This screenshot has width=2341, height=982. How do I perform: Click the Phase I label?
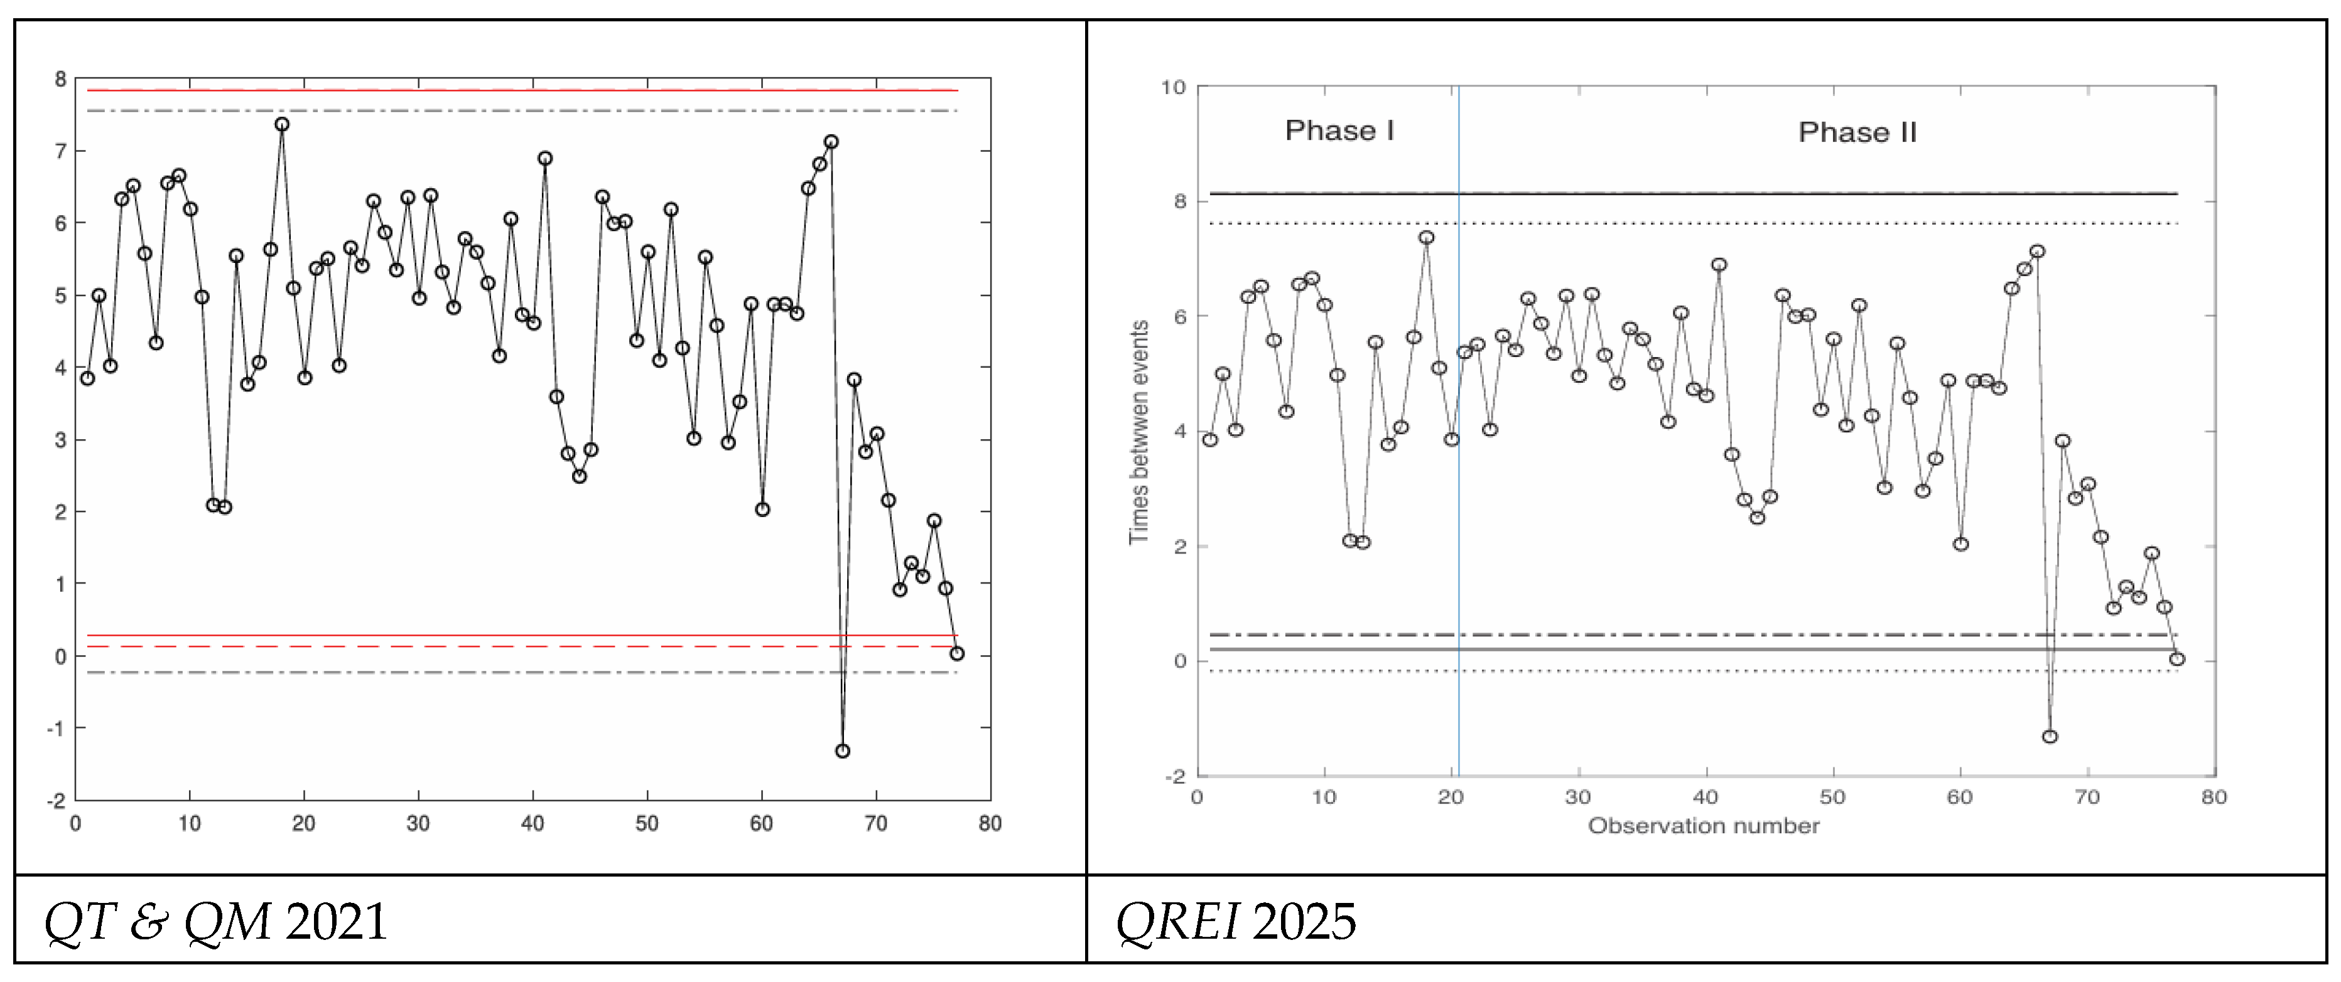(1339, 131)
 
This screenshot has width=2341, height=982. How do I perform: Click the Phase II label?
(1857, 132)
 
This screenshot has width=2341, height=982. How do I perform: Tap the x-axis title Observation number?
(1703, 826)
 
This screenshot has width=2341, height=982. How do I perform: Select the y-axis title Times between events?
(1138, 432)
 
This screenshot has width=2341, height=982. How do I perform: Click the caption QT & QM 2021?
(215, 921)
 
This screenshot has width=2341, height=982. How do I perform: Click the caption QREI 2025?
(1235, 921)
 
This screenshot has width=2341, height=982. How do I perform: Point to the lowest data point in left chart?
(843, 751)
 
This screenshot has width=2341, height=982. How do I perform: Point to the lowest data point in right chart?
(2049, 737)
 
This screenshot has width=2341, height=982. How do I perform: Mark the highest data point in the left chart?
(282, 124)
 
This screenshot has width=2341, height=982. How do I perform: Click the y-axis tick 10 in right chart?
(1173, 87)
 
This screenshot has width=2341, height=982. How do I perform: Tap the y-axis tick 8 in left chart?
(61, 80)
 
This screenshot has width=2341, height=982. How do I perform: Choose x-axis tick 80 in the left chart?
(990, 824)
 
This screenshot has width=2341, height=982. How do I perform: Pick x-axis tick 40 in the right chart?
(1705, 798)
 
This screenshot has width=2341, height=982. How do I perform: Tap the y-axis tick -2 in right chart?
(1175, 777)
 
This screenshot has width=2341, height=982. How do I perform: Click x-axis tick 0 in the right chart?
(1198, 798)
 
